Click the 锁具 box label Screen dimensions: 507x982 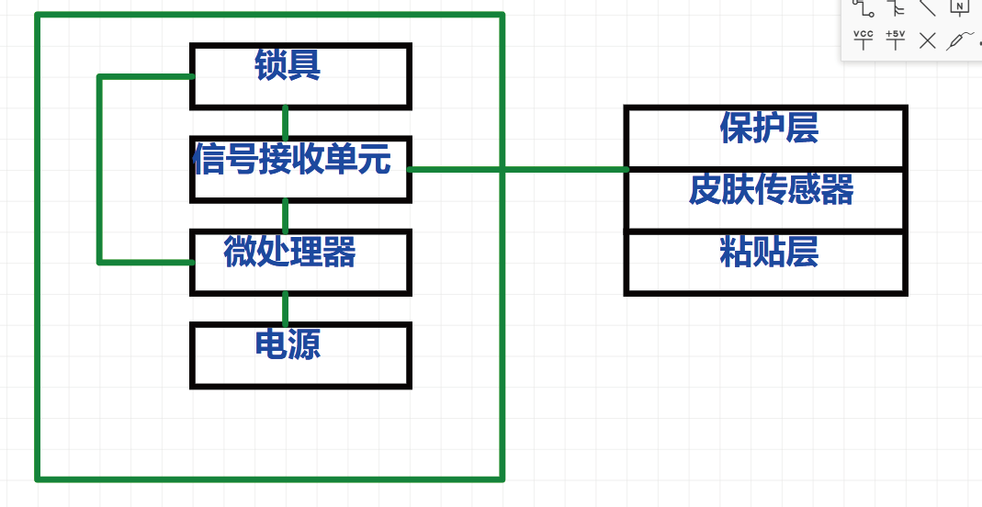tap(288, 65)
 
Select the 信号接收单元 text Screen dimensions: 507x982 tap(292, 160)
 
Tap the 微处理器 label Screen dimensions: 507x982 tap(289, 251)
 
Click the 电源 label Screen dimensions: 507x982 tap(288, 344)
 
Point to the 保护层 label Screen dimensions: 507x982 tap(769, 129)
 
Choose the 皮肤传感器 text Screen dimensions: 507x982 tap(771, 190)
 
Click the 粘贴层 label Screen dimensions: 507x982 tap(769, 251)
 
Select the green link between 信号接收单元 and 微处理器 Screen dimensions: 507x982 tap(286, 215)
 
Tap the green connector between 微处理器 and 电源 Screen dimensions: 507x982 tap(286, 308)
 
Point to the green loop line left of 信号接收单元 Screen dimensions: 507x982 tap(99, 170)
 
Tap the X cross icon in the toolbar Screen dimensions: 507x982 tap(928, 39)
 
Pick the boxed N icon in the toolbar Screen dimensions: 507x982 tap(959, 7)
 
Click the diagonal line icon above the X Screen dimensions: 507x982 tap(928, 7)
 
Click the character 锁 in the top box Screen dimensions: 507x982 tap(270, 65)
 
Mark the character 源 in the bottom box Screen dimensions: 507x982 tap(304, 344)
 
